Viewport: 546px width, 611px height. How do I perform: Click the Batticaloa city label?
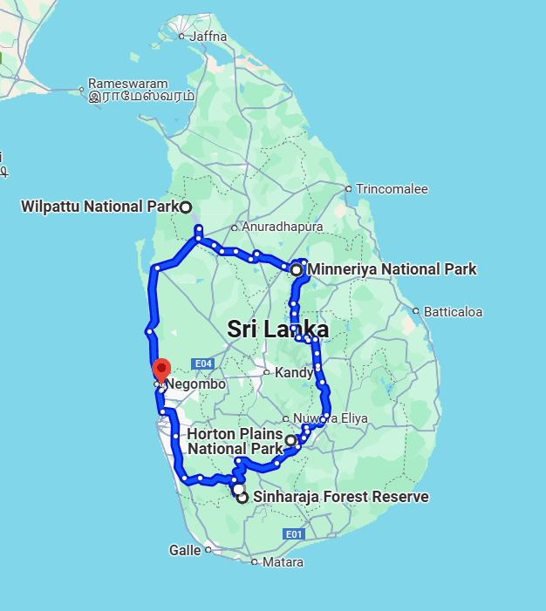453,311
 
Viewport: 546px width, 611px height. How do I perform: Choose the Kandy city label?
293,373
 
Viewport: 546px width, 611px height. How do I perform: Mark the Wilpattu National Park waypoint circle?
186,207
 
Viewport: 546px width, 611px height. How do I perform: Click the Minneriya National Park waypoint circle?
297,270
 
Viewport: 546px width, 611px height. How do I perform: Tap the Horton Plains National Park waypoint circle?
290,441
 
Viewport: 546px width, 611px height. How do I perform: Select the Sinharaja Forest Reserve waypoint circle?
242,498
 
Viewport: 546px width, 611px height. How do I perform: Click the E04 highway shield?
202,363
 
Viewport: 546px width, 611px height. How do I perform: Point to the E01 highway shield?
292,534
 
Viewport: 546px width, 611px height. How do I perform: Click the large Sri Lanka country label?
277,329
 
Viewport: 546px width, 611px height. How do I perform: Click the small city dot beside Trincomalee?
348,188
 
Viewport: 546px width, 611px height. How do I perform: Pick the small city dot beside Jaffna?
181,37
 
